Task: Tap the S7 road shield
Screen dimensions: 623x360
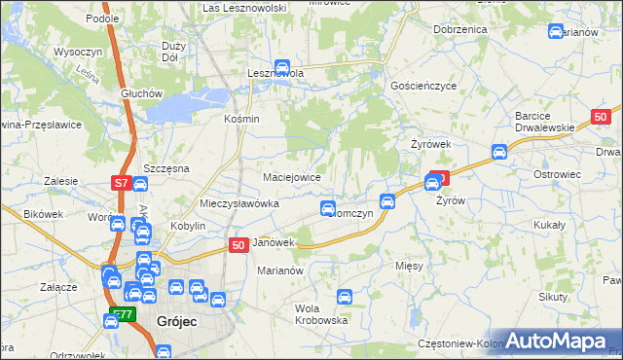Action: [121, 182]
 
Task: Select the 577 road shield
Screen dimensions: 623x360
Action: [121, 313]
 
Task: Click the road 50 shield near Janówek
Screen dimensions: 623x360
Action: [238, 246]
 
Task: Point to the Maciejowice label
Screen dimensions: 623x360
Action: [293, 177]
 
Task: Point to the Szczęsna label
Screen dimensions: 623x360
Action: [165, 168]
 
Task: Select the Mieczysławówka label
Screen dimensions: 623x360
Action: [239, 204]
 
